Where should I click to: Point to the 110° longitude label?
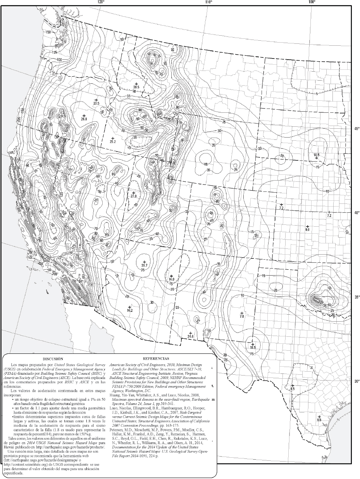click(x=208, y=2)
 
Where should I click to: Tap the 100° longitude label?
click(x=312, y=2)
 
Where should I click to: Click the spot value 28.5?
click(x=136, y=87)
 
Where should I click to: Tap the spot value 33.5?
click(x=96, y=103)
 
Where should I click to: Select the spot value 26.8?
click(x=84, y=119)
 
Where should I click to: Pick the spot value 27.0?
click(x=134, y=196)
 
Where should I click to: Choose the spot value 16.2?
click(x=130, y=310)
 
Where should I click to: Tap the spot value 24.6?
click(x=190, y=336)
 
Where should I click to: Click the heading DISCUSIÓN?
click(x=53, y=359)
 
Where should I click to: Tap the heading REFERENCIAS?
click(x=156, y=359)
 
